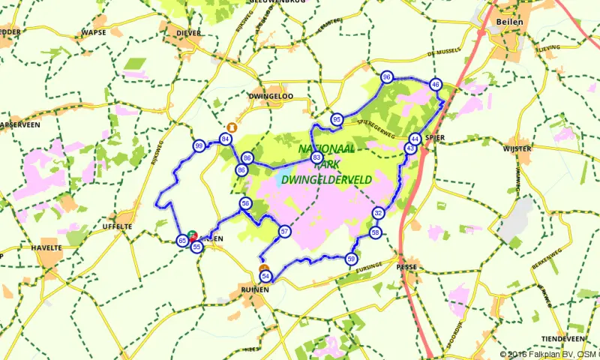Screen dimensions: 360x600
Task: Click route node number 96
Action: [x=387, y=78]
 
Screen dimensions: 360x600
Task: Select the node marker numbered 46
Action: [x=436, y=85]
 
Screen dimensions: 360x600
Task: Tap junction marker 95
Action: [x=337, y=120]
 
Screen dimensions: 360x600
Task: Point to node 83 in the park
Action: [x=317, y=157]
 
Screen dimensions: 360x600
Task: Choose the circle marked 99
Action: [x=199, y=146]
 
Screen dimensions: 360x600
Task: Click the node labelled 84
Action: [x=225, y=139]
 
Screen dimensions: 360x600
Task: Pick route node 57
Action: [x=284, y=232]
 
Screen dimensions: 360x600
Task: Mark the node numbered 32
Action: [x=379, y=214]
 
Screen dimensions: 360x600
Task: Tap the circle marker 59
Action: [x=351, y=259]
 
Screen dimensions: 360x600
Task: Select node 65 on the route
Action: [x=182, y=241]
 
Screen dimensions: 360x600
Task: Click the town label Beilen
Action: [x=508, y=22]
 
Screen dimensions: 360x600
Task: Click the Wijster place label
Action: [x=518, y=149]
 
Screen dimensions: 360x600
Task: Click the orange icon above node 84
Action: [x=231, y=127]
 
